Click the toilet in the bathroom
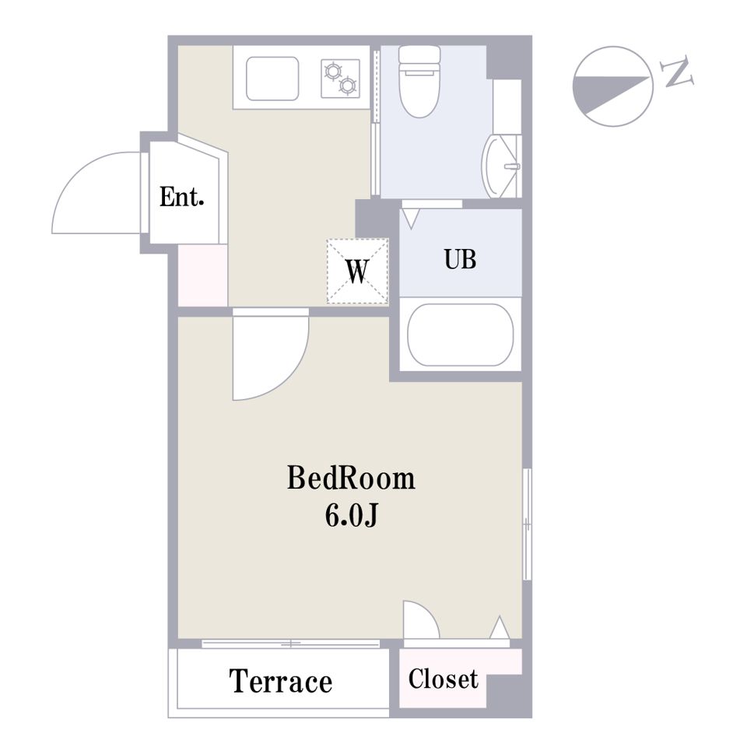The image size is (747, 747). pos(419,81)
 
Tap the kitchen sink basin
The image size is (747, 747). pos(272,79)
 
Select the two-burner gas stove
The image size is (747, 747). pos(340,79)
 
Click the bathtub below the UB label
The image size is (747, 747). pos(460,335)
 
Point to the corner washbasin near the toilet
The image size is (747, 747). pos(500,167)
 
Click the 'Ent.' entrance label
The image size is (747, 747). pos(181,197)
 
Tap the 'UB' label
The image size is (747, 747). pos(460,260)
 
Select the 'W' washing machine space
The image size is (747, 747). pos(357,271)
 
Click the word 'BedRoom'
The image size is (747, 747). pos(351,478)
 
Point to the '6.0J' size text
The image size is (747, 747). pos(352,515)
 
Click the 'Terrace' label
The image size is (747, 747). pos(281,682)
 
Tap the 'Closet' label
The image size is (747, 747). pos(443,679)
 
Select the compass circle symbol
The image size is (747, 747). pos(612,86)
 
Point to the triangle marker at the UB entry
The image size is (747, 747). pos(411,219)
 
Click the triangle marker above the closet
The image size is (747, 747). pos(500,627)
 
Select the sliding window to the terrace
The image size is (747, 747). pos(290,644)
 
